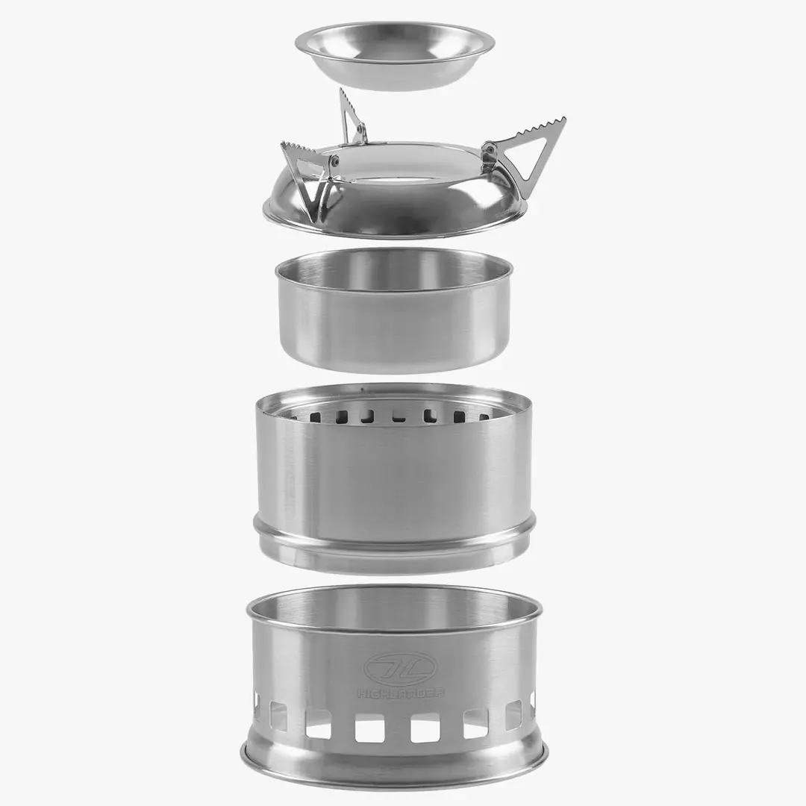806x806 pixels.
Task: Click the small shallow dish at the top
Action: pyautogui.click(x=394, y=56)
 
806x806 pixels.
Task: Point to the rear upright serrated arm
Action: pyautogui.click(x=352, y=116)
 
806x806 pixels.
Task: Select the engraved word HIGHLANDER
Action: pyautogui.click(x=400, y=693)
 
